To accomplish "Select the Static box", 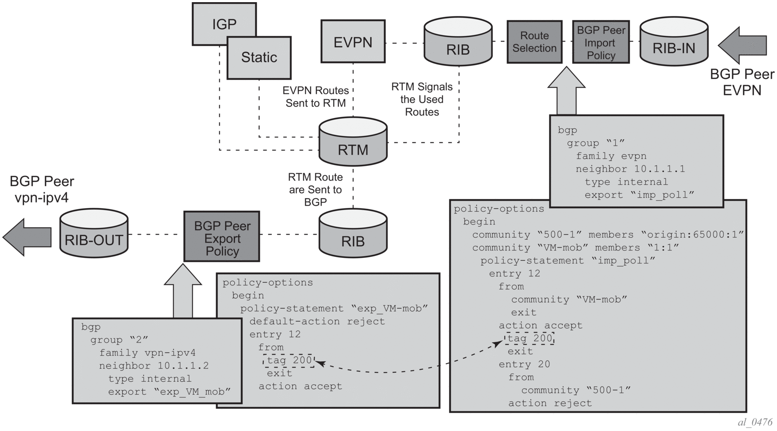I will pos(259,57).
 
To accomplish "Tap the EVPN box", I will pos(353,41).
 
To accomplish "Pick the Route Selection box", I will pos(534,42).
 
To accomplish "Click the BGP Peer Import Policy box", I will pos(601,42).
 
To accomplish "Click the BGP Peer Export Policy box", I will pos(222,237).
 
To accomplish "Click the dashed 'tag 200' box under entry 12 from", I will pos(289,360).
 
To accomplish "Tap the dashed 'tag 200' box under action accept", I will pos(529,338).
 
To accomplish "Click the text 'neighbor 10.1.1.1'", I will pos(630,169).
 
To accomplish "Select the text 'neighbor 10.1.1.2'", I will pos(153,366).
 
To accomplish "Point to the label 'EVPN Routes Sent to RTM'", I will pos(315,97).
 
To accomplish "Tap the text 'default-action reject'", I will pos(317,321).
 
